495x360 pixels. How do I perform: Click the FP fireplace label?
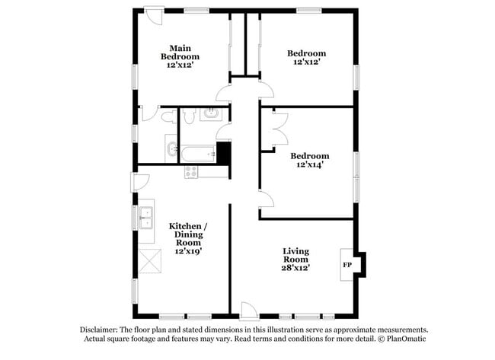[x=346, y=265]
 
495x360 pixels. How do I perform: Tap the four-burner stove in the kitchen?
[x=190, y=172]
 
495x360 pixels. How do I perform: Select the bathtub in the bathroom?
[x=199, y=155]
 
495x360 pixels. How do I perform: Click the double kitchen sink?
[x=145, y=215]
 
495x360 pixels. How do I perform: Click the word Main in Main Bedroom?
[x=180, y=47]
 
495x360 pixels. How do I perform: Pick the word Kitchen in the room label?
[x=185, y=226]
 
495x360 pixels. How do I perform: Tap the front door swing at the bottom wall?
[x=249, y=310]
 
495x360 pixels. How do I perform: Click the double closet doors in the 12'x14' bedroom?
[x=276, y=130]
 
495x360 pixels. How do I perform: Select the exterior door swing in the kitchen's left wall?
[x=141, y=182]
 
